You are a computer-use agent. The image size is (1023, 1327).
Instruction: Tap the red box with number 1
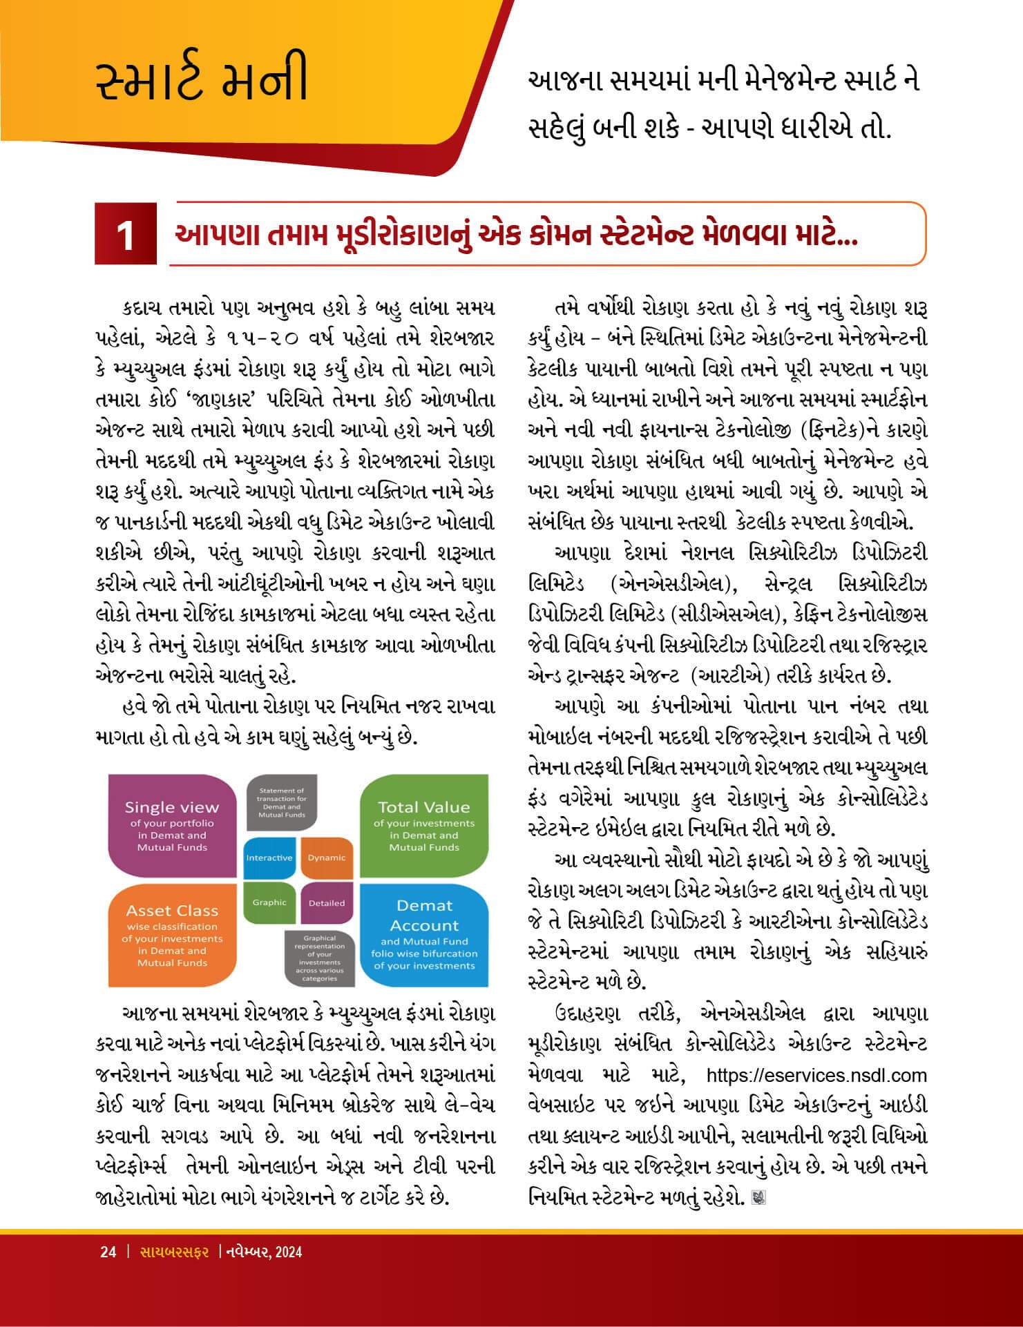pos(126,235)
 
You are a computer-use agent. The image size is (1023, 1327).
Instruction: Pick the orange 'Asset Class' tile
pos(172,936)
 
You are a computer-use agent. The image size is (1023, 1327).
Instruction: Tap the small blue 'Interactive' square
pos(269,858)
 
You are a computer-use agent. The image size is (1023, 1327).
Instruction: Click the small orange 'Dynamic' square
pos(327,858)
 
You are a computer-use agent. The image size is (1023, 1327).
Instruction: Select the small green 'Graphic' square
pos(269,902)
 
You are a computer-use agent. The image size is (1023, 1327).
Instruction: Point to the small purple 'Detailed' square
pos(327,902)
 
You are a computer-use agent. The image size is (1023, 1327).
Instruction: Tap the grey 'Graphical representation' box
pos(319,958)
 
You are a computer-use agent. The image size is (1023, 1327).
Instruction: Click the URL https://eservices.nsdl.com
pos(816,1075)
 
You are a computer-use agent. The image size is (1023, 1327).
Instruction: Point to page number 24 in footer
pos(108,1252)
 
